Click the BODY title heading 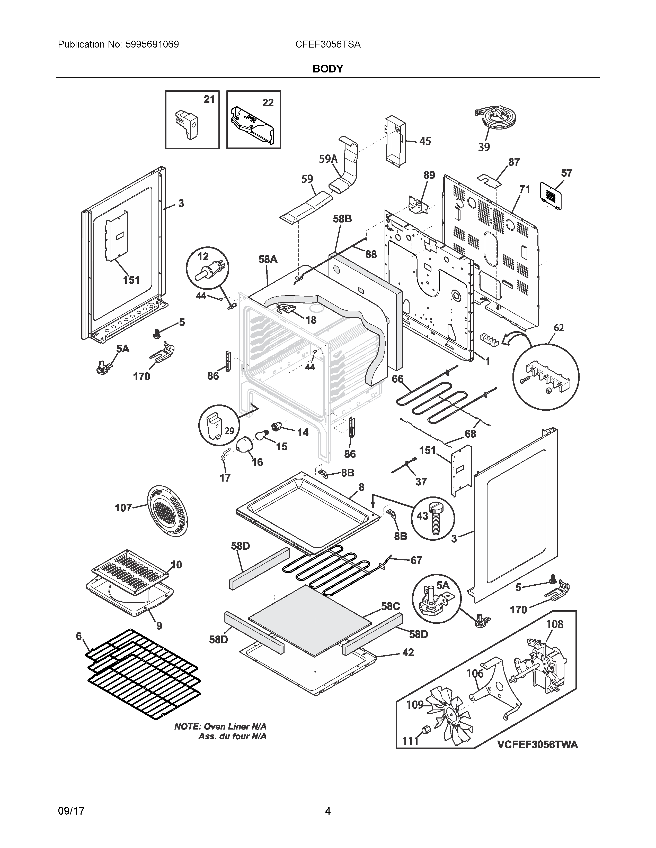point(327,69)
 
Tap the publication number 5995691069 point(152,44)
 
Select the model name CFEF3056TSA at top point(327,44)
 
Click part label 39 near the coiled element point(484,147)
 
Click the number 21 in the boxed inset point(209,99)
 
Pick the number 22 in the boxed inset point(268,103)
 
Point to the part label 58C point(390,606)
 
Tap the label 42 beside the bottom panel point(408,652)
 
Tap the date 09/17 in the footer point(71,811)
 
